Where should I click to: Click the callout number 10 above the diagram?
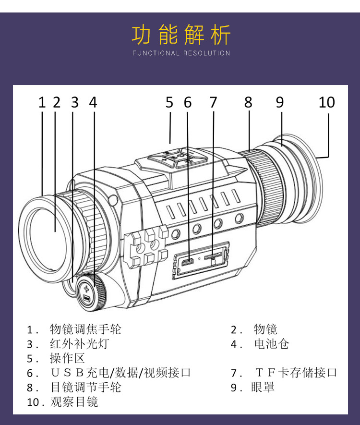click(326, 102)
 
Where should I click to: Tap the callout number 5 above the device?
click(169, 102)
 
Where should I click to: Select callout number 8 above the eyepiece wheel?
click(248, 102)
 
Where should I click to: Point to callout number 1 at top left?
click(42, 102)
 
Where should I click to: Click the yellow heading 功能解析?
click(181, 35)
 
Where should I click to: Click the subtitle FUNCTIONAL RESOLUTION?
click(181, 53)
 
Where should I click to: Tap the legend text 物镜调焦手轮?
click(85, 329)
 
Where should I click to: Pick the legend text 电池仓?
click(272, 344)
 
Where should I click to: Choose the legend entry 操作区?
click(67, 359)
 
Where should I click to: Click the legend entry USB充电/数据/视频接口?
click(120, 373)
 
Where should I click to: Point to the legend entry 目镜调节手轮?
click(85, 387)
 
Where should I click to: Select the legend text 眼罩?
click(263, 387)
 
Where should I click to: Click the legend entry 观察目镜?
click(74, 401)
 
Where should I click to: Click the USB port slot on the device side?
click(187, 262)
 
